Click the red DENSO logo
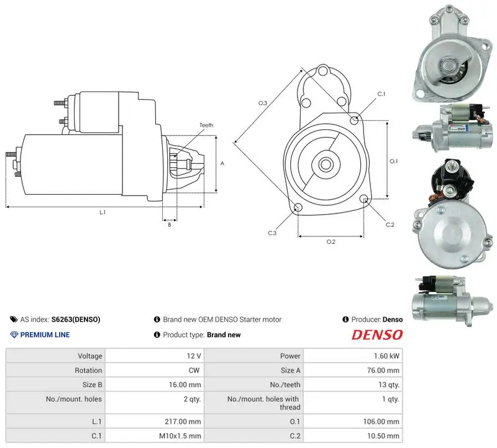[377, 335]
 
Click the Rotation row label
[88, 370]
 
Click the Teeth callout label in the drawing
[206, 125]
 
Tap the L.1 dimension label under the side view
[103, 212]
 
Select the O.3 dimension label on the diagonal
[263, 103]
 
